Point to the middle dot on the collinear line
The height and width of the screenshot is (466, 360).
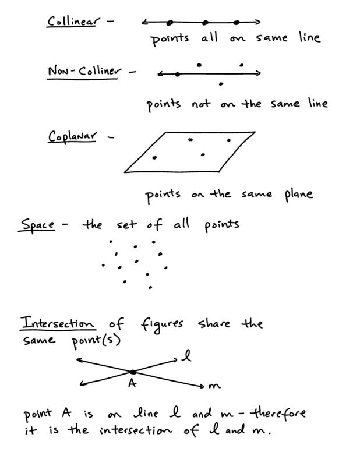coord(205,23)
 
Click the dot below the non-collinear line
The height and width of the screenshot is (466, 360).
coord(220,84)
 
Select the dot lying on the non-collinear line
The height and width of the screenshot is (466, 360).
coord(178,74)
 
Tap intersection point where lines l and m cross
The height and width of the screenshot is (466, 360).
coord(133,371)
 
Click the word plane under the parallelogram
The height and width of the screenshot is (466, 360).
coord(299,195)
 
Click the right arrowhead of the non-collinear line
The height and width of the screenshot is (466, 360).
coord(259,73)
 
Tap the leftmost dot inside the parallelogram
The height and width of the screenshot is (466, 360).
coord(154,157)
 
